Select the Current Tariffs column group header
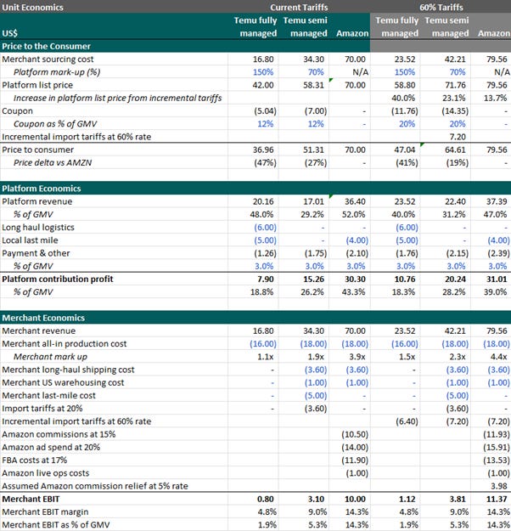(299, 6)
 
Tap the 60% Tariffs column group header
(441, 6)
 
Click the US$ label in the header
(12, 33)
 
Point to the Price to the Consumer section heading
(47, 46)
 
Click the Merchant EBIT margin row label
(48, 511)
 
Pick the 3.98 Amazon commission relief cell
(497, 485)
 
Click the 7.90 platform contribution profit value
(264, 278)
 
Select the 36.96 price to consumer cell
(263, 149)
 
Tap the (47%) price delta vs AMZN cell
(263, 161)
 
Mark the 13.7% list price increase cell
(495, 98)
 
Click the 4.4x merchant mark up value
(497, 356)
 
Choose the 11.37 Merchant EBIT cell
(495, 498)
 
